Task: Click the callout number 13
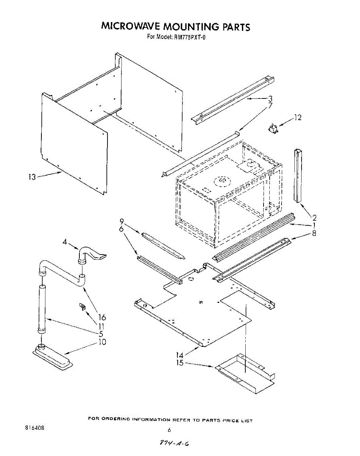[32, 177]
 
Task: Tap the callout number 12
[298, 118]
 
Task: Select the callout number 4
[65, 241]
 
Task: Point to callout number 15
[180, 363]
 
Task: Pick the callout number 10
[102, 342]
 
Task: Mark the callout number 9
[122, 221]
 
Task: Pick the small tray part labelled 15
[245, 374]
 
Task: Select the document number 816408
[34, 428]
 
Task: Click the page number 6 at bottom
[169, 430]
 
